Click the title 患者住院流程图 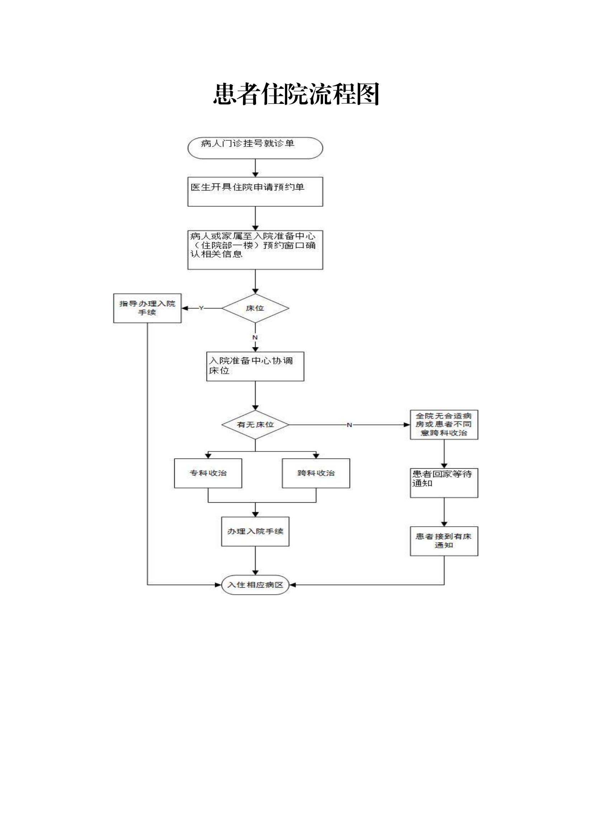[x=296, y=94]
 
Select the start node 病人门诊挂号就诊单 [x=255, y=148]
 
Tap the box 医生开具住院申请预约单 [x=255, y=192]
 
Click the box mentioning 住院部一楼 [x=255, y=250]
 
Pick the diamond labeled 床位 [x=255, y=308]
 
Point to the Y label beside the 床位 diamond [x=201, y=308]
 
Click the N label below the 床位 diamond [x=255, y=337]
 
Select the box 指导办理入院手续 [x=147, y=308]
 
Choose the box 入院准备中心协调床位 [x=255, y=366]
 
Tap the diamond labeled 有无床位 [x=255, y=425]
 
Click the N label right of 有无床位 [x=349, y=425]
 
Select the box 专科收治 [x=208, y=473]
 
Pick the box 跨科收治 [x=316, y=473]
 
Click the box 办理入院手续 [x=255, y=531]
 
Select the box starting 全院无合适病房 [x=443, y=425]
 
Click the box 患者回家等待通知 [x=443, y=483]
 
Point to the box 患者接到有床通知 [x=443, y=541]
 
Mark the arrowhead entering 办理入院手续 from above [x=255, y=514]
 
